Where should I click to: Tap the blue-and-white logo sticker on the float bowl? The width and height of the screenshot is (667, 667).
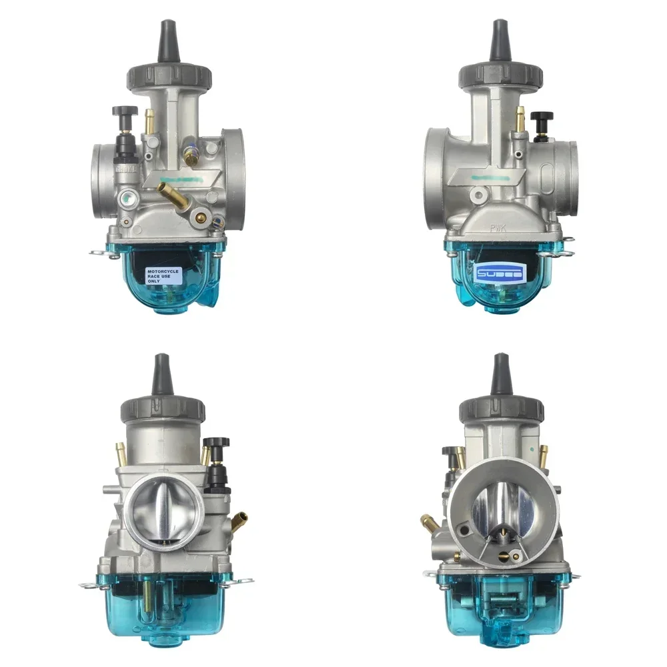tap(501, 272)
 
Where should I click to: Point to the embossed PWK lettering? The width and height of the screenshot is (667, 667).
tap(499, 227)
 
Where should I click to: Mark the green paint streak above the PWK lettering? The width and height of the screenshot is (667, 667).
tap(490, 178)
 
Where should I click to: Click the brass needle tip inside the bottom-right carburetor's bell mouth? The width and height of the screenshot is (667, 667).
tap(502, 534)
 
